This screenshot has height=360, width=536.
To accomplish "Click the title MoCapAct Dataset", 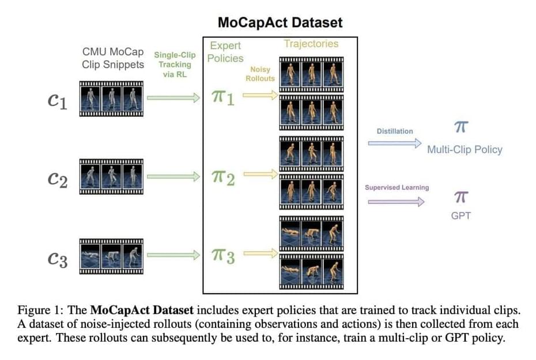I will pos(280,23).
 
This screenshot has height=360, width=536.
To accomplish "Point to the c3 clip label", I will pos(57,260).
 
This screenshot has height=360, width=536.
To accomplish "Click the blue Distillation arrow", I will pos(395,143).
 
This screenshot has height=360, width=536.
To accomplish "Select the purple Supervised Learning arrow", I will pos(396,202).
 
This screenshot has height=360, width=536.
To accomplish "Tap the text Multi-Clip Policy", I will pos(465,150).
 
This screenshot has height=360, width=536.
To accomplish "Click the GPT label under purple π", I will pos(461,217).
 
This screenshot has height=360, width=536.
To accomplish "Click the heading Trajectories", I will pos(311,44).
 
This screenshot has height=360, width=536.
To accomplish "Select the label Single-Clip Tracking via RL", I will pos(175,65).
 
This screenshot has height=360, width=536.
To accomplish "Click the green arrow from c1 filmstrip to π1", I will pos(173,98).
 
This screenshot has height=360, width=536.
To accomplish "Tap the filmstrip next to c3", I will pos(111,256).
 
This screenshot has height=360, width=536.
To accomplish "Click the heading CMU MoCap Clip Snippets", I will pos(113,58).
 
